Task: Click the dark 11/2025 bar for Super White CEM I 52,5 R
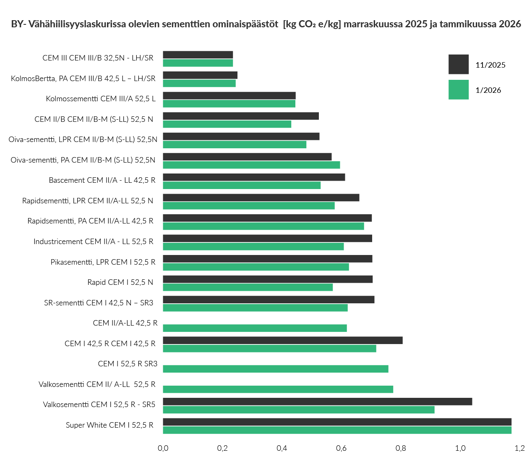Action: click(x=337, y=422)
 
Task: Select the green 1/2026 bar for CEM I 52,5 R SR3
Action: click(x=275, y=369)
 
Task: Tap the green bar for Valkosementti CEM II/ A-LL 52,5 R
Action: click(x=278, y=389)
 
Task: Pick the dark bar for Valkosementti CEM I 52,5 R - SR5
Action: click(x=317, y=402)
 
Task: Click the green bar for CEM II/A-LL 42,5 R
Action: click(x=255, y=328)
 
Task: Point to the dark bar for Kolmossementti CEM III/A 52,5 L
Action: click(x=229, y=96)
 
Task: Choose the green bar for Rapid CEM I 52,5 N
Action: click(x=248, y=287)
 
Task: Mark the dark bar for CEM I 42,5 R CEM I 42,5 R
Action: click(x=282, y=340)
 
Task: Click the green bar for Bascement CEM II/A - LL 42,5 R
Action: click(x=242, y=185)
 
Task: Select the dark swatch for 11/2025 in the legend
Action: click(x=458, y=64)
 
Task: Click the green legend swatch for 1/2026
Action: click(x=458, y=89)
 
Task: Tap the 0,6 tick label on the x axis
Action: click(x=341, y=448)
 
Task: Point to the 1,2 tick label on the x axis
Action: click(x=519, y=448)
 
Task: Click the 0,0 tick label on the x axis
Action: click(x=163, y=448)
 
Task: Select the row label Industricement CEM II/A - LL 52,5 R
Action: click(x=93, y=242)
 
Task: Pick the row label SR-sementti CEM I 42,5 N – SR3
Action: click(x=99, y=303)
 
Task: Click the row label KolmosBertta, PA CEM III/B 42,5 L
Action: click(x=83, y=79)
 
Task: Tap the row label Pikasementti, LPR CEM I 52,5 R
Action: click(x=103, y=262)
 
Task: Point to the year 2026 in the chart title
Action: click(x=510, y=24)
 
